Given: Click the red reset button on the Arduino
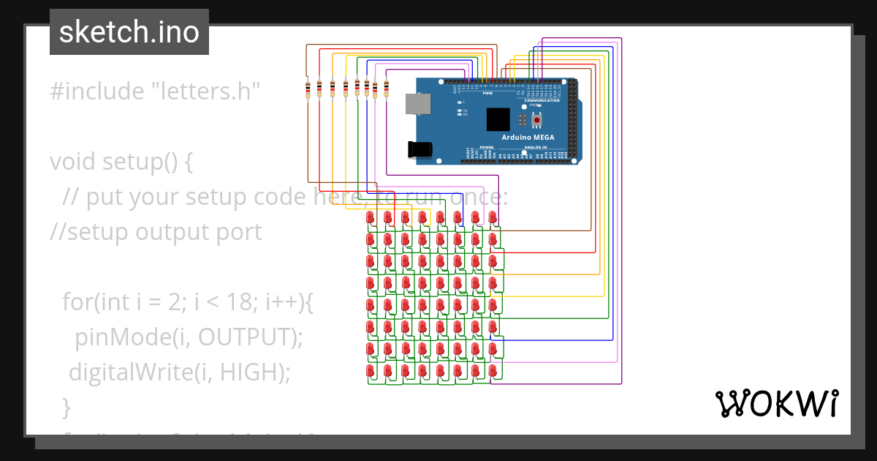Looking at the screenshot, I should (x=538, y=120).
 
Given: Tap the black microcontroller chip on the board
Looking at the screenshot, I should (x=498, y=119).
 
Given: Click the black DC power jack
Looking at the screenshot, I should (x=420, y=149).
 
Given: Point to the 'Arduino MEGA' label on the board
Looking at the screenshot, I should (x=528, y=138).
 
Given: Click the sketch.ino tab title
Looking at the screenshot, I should (x=129, y=32).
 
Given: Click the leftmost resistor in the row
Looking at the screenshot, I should (x=308, y=89).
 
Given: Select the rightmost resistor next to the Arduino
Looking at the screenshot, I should (x=386, y=89).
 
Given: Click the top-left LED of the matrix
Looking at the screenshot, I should (x=370, y=217).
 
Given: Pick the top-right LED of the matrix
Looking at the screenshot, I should (x=493, y=217).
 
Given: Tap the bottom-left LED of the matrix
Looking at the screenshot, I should (x=370, y=372).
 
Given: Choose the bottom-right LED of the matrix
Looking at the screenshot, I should (x=493, y=372).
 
